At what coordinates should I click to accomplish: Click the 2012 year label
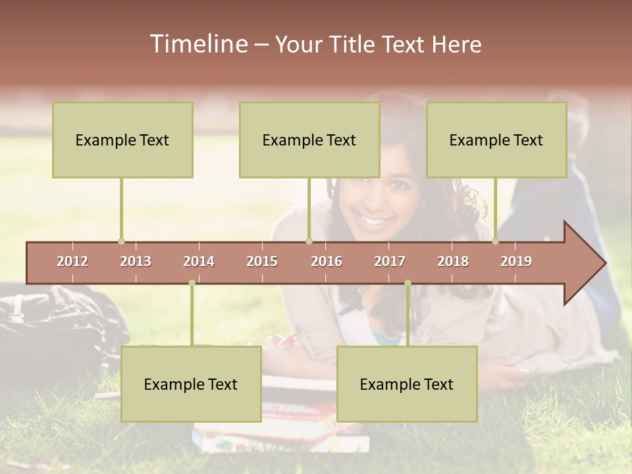coord(72,261)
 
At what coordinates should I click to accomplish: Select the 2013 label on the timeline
coord(136,261)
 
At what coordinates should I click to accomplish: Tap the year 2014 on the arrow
coord(199,261)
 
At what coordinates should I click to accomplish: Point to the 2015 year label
coord(262,261)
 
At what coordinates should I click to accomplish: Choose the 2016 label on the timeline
coord(327,261)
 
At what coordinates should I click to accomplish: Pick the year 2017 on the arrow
coord(390,261)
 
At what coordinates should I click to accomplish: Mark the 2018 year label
coord(453,261)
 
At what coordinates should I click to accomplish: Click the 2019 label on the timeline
coord(516,261)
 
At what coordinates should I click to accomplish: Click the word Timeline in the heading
coord(198,44)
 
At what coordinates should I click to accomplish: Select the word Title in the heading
coord(352,44)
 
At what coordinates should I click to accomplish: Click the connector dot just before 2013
coord(121,241)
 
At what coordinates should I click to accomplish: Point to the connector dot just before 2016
coord(309,241)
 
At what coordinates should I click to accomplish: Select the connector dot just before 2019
coord(495,241)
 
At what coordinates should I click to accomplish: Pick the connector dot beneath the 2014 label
coord(192,283)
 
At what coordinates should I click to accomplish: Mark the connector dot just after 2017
coord(408,283)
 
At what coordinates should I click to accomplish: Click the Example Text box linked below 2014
coord(191,384)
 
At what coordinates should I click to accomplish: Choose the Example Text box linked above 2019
coord(496,140)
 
